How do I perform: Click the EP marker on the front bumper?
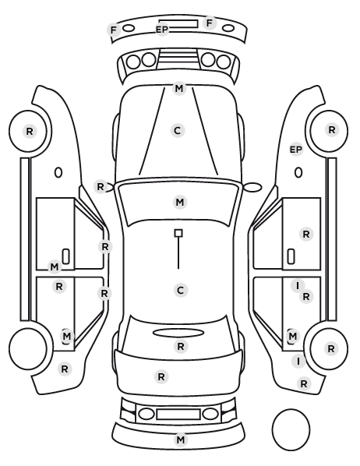click(x=162, y=30)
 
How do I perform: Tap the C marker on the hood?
click(x=178, y=130)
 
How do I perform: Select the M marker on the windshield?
click(x=180, y=203)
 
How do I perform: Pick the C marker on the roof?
click(x=180, y=290)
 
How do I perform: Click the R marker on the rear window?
click(x=181, y=346)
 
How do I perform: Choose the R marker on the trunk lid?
click(x=161, y=377)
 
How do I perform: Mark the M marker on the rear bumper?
click(x=181, y=440)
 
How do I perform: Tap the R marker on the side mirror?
click(x=101, y=187)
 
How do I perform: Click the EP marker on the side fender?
click(x=296, y=150)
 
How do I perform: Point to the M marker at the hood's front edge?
click(x=179, y=88)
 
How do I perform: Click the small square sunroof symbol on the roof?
click(x=178, y=233)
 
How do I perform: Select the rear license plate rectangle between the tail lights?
click(x=178, y=415)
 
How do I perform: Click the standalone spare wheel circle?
click(x=291, y=429)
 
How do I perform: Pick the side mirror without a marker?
click(x=252, y=187)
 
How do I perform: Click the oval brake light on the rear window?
click(x=178, y=333)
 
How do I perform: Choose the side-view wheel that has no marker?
click(x=28, y=348)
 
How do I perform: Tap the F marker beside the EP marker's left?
click(x=114, y=30)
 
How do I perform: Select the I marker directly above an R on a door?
click(x=298, y=286)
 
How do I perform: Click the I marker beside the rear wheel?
click(x=298, y=361)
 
